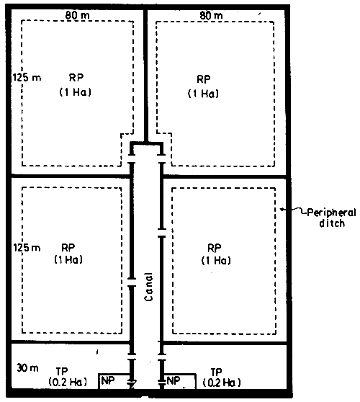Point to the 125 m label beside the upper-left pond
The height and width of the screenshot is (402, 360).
click(x=25, y=75)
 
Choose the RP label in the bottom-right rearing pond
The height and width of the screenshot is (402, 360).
click(x=217, y=246)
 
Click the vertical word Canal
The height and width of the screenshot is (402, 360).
click(x=148, y=288)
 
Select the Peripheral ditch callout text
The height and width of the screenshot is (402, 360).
click(x=322, y=217)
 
